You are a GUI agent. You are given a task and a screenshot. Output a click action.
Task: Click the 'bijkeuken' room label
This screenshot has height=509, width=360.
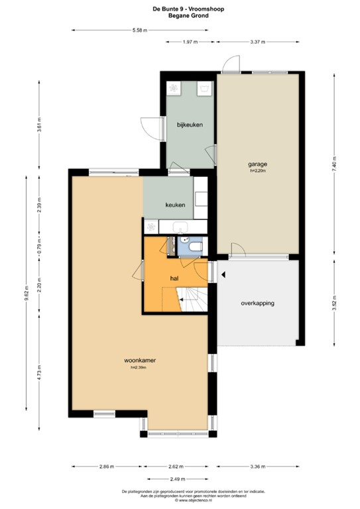[x=189, y=125]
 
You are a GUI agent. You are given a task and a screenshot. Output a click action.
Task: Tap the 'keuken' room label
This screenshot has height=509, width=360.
[x=175, y=205]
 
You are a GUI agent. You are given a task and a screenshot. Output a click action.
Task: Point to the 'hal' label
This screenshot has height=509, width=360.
[x=175, y=279]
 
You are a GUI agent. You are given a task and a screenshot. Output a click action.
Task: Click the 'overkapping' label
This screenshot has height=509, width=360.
[x=257, y=303]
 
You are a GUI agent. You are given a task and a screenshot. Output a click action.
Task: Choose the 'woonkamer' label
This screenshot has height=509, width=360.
[x=140, y=361]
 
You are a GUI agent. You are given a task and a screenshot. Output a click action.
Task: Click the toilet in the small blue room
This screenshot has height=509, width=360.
[x=193, y=247]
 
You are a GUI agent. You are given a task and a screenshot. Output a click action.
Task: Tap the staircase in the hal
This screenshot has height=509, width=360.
[x=194, y=301]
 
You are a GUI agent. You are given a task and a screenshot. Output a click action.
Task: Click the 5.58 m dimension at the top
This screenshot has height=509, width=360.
[x=139, y=30]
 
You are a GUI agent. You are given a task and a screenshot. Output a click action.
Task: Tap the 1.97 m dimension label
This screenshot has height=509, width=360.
[x=191, y=42]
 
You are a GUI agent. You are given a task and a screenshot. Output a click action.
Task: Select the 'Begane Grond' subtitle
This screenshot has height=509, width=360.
[x=180, y=15]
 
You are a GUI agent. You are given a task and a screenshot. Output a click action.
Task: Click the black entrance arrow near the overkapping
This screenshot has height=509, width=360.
[x=223, y=274]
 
